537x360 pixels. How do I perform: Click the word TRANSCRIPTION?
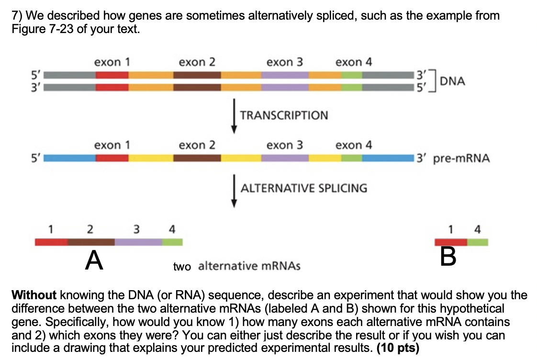tap(284, 115)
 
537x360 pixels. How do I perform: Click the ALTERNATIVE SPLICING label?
tap(304, 188)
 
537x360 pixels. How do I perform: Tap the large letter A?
tap(94, 261)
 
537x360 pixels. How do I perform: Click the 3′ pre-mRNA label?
tap(453, 158)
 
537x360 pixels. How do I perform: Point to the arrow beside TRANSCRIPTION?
tap(235, 115)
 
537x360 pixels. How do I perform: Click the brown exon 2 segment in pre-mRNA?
tap(197, 158)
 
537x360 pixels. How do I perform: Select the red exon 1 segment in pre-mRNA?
tap(112, 158)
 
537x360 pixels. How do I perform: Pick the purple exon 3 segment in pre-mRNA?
tap(285, 158)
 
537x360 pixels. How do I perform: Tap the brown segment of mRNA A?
tap(91, 242)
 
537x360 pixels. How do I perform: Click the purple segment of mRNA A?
tap(138, 242)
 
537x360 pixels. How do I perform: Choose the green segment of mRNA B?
tap(477, 242)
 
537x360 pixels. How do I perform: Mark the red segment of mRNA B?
tap(450, 242)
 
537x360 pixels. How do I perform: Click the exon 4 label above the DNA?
tap(354, 62)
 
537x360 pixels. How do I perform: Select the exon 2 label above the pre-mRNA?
tap(197, 145)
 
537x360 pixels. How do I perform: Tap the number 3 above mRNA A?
tap(136, 229)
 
